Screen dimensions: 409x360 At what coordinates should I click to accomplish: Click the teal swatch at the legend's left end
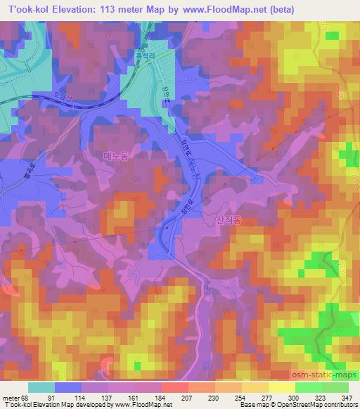pyautogui.click(x=41, y=387)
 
